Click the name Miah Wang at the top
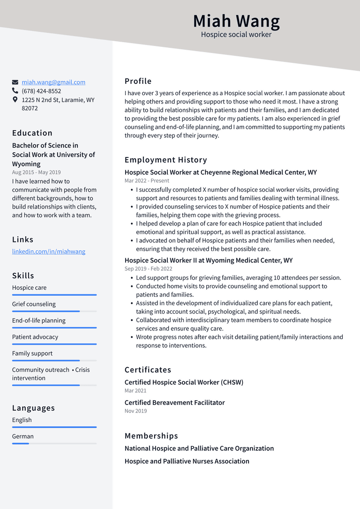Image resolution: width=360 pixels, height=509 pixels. pos(236,21)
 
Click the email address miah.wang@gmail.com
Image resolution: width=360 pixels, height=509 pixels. pos(53,82)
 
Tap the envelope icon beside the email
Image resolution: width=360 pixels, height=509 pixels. pos(15,82)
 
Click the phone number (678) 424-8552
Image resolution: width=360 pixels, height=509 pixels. pos(41,91)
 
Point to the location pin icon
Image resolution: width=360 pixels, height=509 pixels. pos(15,100)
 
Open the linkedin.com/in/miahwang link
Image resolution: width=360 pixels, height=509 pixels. pos(49,251)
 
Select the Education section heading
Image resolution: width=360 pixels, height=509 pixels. pos(32,133)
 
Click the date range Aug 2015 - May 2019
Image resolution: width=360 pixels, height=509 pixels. pos(36,172)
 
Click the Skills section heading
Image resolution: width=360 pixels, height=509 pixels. pos(23,275)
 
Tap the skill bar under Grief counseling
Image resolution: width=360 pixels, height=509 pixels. pos(54,311)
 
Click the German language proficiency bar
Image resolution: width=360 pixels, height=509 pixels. pos(54,443)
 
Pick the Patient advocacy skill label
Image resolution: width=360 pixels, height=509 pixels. pos(35,337)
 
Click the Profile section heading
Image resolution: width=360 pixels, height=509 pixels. pos(138,81)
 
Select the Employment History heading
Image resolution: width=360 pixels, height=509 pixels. pos(165,160)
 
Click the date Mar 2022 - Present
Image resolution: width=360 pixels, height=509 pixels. pos(147,180)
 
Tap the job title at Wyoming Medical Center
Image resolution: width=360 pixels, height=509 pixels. pos(209,260)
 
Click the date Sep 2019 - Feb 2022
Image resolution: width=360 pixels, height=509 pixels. pos(148,269)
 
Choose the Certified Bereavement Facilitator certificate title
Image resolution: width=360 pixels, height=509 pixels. pos(174,403)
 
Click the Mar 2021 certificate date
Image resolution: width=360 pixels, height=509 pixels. pos(135,390)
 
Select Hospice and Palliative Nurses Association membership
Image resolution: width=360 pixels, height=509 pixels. pos(187,461)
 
